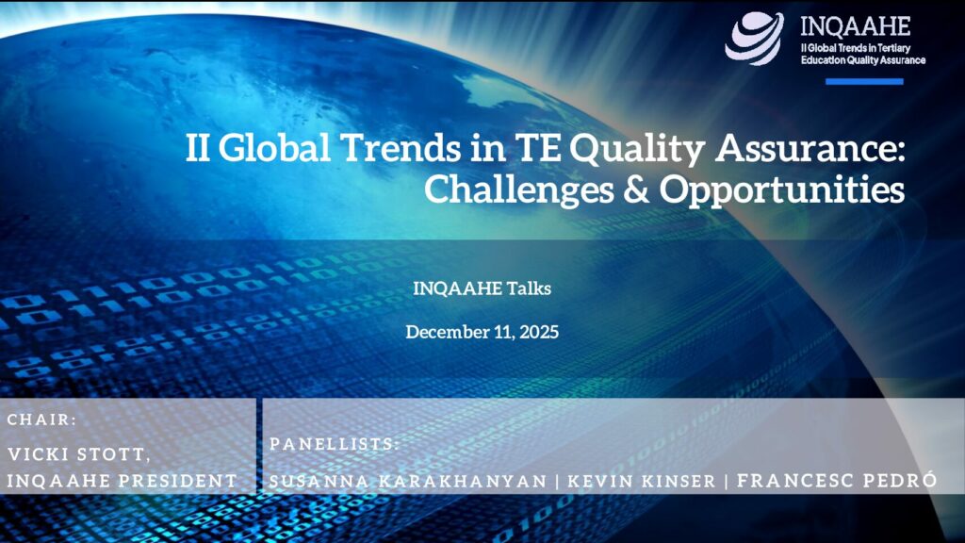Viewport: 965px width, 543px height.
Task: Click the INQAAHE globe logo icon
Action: pyautogui.click(x=755, y=38)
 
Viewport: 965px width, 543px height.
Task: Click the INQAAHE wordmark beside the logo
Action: pyautogui.click(x=856, y=26)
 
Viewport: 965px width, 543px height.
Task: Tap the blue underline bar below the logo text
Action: pyautogui.click(x=864, y=81)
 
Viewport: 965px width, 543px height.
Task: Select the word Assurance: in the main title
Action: pyautogui.click(x=810, y=148)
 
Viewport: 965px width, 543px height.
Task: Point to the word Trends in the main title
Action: pyautogui.click(x=401, y=148)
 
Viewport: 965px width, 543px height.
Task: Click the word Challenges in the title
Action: pyautogui.click(x=518, y=189)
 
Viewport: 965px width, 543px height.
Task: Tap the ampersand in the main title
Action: pyautogui.click(x=636, y=189)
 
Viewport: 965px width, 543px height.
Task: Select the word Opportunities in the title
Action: pyautogui.click(x=782, y=189)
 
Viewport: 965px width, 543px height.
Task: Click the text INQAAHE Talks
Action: pyautogui.click(x=482, y=288)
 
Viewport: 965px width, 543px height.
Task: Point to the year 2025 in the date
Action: pyautogui.click(x=539, y=332)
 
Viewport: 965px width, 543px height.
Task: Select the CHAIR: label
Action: pyautogui.click(x=41, y=420)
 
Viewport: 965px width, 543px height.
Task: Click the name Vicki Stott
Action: pyautogui.click(x=78, y=454)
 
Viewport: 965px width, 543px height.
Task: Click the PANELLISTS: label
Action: pyautogui.click(x=335, y=444)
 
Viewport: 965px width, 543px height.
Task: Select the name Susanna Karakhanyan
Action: pyautogui.click(x=408, y=482)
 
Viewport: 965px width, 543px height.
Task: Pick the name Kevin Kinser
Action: pyautogui.click(x=641, y=482)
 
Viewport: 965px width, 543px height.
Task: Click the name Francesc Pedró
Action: pyautogui.click(x=837, y=480)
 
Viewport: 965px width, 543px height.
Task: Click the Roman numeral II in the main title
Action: pyautogui.click(x=197, y=148)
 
